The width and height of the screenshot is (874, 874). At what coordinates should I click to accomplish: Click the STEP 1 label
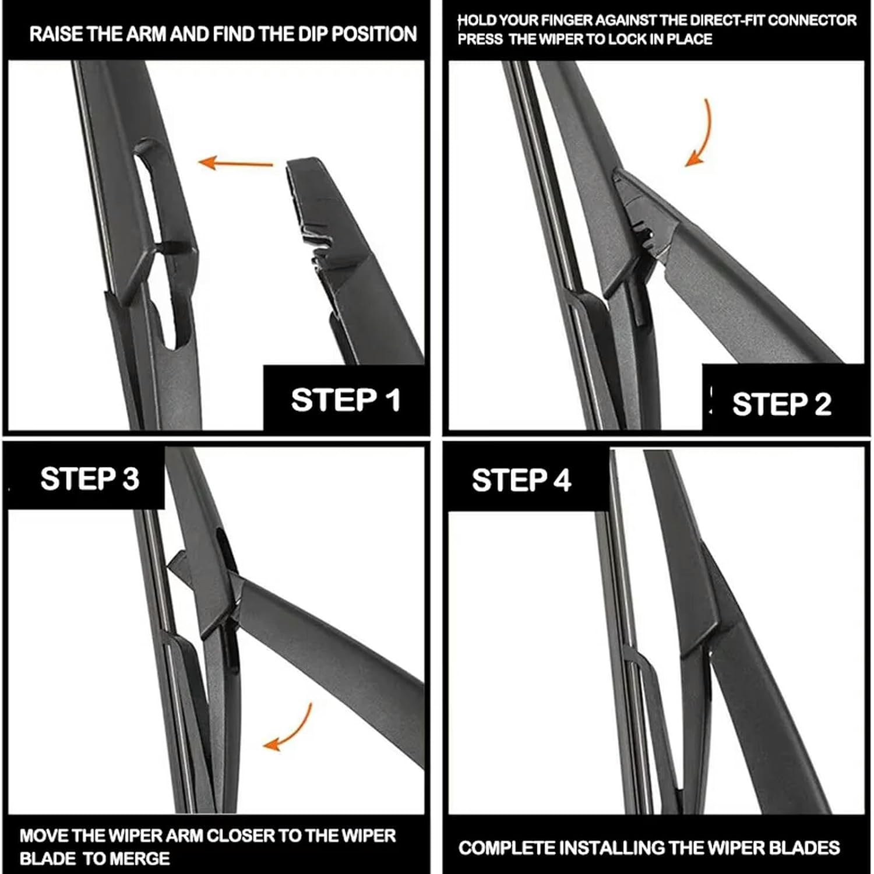pyautogui.click(x=346, y=400)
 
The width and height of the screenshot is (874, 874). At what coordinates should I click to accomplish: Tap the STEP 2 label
pyautogui.click(x=781, y=404)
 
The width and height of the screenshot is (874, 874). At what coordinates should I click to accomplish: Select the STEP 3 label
pyautogui.click(x=89, y=478)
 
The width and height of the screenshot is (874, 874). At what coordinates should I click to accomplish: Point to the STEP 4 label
pyautogui.click(x=521, y=481)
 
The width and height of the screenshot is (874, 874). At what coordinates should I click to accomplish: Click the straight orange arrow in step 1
pyautogui.click(x=235, y=163)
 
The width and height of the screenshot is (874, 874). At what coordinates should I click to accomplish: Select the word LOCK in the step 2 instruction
pyautogui.click(x=628, y=40)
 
